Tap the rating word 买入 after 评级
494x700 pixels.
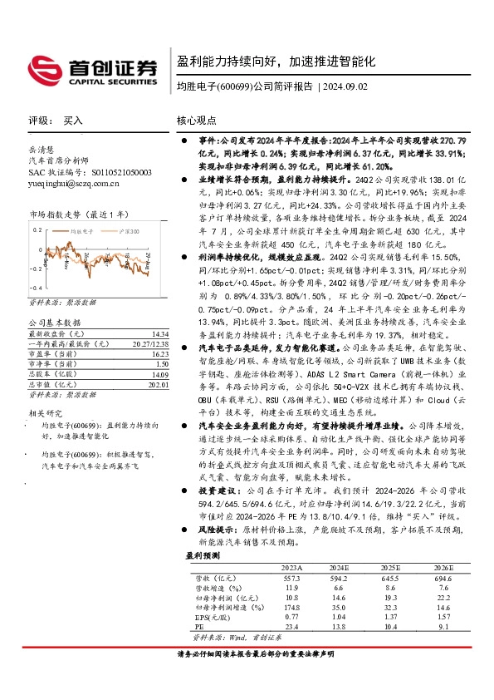[74, 121]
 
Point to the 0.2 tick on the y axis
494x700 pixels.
[37, 228]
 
